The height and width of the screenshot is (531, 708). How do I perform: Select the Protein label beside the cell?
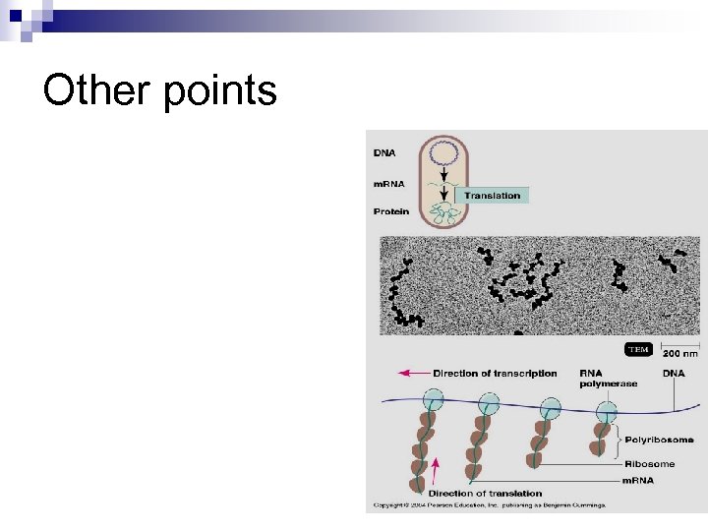coord(390,211)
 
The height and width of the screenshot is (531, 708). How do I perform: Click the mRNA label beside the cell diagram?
coord(389,184)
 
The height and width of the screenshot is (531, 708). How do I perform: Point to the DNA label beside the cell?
coord(385,152)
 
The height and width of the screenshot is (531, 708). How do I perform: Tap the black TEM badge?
coord(639,350)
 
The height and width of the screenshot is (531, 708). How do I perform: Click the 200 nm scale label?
coord(679,353)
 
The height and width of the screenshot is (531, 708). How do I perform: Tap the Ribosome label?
coord(651,463)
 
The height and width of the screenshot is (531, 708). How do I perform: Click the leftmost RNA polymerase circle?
coord(433,399)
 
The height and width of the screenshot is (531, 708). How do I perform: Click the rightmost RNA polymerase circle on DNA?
coord(606,409)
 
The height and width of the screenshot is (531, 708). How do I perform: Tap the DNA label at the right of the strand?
coord(675,374)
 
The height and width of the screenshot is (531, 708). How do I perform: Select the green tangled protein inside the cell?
coord(445,214)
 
